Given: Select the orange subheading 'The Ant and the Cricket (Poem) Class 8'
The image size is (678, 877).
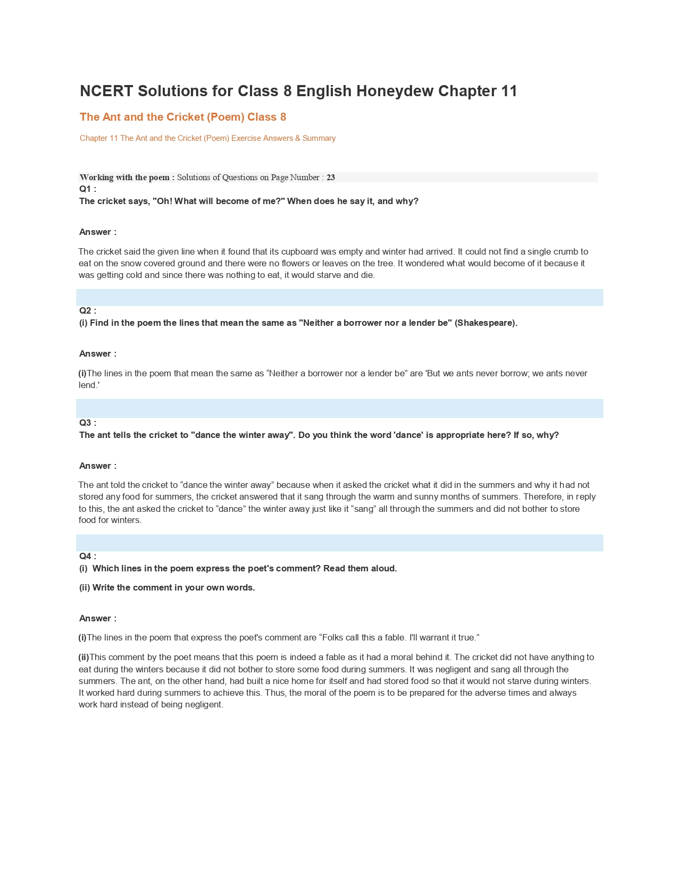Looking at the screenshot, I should tap(183, 117).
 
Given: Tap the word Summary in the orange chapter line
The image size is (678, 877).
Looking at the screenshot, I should tap(319, 138).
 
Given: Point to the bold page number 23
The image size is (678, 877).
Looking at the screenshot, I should tap(331, 178).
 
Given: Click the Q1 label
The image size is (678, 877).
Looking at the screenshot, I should tap(87, 189).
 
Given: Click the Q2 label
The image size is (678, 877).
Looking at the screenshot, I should tap(87, 311).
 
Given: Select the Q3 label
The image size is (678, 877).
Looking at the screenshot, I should tap(87, 423).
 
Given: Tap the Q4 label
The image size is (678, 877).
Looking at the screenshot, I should tap(87, 556).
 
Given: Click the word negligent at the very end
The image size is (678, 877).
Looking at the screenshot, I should tap(204, 705).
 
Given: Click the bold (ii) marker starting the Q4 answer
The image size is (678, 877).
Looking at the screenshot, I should tap(83, 657).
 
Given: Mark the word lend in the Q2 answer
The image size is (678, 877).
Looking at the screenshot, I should tap(88, 385).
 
